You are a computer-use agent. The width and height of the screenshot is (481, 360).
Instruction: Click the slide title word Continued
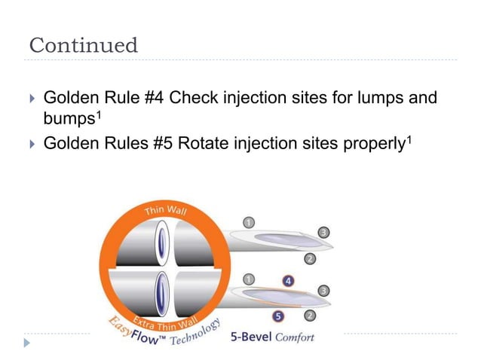84,45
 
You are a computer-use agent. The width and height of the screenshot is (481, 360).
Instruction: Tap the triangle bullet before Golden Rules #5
31,142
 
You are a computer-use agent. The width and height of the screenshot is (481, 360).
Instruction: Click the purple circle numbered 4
289,280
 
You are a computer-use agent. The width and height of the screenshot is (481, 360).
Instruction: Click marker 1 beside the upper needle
247,221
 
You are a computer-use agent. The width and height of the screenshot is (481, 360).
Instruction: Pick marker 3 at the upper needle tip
323,233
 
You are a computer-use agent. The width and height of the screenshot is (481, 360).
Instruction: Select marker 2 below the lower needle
310,315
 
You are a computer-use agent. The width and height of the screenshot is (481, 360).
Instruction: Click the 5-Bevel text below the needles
250,337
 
